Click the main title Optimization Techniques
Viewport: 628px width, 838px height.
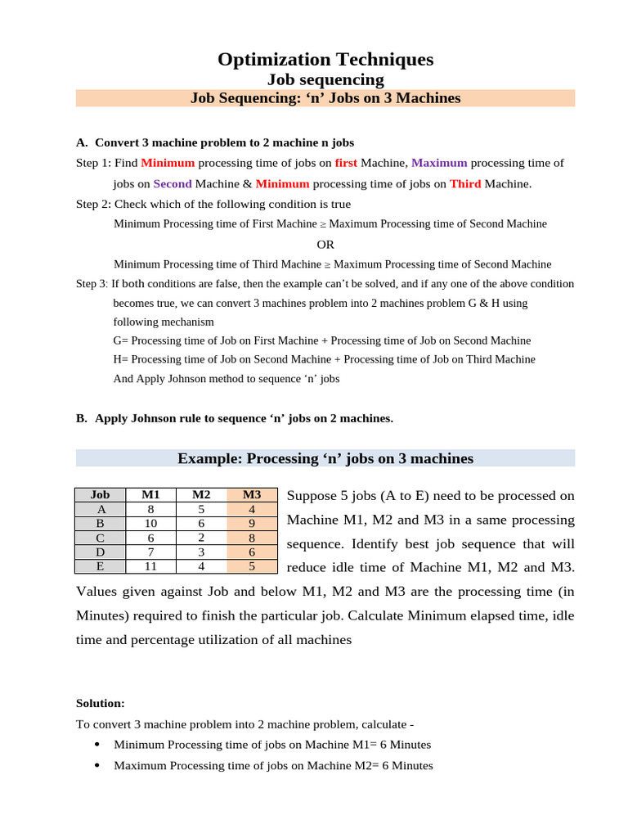(x=325, y=59)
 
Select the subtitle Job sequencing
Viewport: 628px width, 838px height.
(x=325, y=79)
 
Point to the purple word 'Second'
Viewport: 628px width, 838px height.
(x=172, y=183)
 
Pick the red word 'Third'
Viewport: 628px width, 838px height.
(x=465, y=183)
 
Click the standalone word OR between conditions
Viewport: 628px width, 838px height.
(x=325, y=244)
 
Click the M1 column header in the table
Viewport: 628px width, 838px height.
(x=151, y=494)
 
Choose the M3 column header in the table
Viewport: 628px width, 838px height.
(x=252, y=494)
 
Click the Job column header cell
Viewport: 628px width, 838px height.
(x=100, y=494)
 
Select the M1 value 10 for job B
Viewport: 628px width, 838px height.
(x=151, y=523)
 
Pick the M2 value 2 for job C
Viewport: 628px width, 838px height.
(x=201, y=538)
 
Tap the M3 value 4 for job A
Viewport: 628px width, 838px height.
(x=252, y=509)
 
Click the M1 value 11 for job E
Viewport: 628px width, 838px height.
(x=151, y=566)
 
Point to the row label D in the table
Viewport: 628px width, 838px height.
(x=100, y=552)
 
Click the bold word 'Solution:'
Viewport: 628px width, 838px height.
(x=101, y=703)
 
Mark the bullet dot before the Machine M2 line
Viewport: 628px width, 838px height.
(x=97, y=765)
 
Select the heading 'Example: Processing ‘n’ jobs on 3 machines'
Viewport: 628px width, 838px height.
(x=325, y=458)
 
